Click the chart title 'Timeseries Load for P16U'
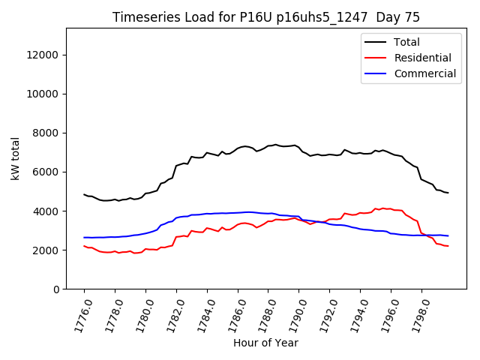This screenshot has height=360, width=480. pyautogui.click(x=266, y=17)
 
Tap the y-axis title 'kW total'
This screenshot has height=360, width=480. pyautogui.click(x=16, y=159)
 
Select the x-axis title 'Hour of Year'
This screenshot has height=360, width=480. pyautogui.click(x=265, y=343)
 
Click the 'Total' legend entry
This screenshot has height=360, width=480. pyautogui.click(x=406, y=42)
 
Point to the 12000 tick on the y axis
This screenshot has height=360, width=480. pyautogui.click(x=46, y=55)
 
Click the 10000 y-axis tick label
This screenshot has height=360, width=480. pyautogui.click(x=46, y=94)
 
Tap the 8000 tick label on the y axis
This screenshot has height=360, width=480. pyautogui.click(x=49, y=133)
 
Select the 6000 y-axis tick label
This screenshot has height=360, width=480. pyautogui.click(x=49, y=172)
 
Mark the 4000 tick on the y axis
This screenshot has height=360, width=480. pyautogui.click(x=49, y=211)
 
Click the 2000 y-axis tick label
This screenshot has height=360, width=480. pyautogui.click(x=49, y=250)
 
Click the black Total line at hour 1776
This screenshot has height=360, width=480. pyautogui.click(x=85, y=194)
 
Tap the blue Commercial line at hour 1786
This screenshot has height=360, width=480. pyautogui.click(x=238, y=212)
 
